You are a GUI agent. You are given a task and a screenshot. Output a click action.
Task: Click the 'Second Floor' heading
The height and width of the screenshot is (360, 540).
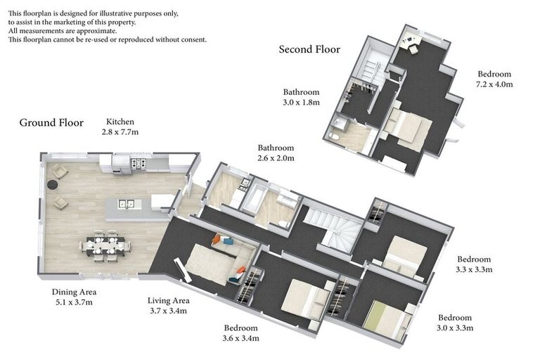(x=309, y=50)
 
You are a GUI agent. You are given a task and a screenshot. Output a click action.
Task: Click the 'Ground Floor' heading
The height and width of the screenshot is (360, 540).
(x=51, y=122)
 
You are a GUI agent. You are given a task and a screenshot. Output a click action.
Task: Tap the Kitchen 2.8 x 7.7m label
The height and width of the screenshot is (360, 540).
(x=120, y=127)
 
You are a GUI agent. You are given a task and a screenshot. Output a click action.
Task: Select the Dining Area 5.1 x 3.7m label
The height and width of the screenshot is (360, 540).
(x=74, y=297)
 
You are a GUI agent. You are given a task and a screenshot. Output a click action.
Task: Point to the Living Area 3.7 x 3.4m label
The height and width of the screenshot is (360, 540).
(x=169, y=306)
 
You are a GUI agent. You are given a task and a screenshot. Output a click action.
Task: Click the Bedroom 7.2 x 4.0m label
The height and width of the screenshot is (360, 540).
(x=494, y=79)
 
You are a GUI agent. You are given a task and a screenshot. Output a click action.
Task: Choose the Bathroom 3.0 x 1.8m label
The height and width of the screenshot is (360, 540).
(x=301, y=97)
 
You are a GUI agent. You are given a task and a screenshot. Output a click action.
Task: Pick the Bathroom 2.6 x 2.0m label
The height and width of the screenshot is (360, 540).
(x=276, y=153)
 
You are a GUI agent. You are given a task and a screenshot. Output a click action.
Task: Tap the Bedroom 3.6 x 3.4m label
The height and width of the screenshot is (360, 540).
(x=240, y=333)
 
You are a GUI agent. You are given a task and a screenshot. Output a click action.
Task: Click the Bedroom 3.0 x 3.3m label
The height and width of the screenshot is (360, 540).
(x=455, y=323)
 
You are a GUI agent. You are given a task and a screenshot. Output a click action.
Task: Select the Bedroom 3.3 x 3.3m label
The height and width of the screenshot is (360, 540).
(x=474, y=264)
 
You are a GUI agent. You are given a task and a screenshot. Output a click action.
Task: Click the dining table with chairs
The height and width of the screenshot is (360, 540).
(x=105, y=246)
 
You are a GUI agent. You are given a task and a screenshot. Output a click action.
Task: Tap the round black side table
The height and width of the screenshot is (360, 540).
(x=52, y=185)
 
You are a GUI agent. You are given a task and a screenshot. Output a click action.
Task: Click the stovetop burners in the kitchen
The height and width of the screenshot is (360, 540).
(x=138, y=163)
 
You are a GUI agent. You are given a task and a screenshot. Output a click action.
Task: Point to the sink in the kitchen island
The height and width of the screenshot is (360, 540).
(x=127, y=204)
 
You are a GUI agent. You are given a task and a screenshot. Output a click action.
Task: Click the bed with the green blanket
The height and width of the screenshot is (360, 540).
(x=387, y=319)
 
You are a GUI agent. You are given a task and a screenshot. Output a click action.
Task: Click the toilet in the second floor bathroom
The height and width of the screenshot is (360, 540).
(x=334, y=136)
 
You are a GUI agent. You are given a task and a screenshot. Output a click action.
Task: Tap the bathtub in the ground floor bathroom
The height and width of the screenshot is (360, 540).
(x=253, y=196)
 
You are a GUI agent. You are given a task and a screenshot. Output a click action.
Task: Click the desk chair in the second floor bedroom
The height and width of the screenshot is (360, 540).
(x=413, y=49)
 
